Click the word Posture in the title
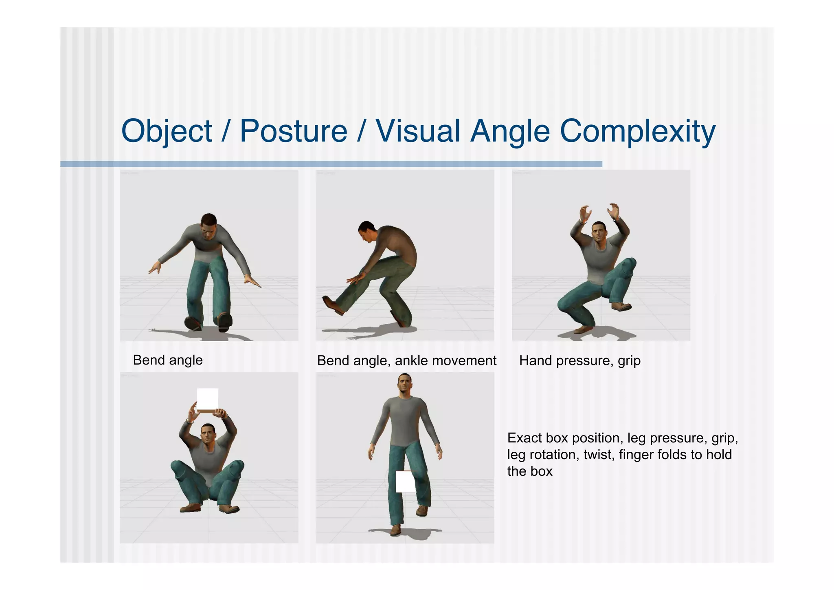[293, 131]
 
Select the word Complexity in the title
[637, 131]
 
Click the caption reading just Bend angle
[167, 360]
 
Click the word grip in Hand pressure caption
[629, 361]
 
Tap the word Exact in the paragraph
[525, 438]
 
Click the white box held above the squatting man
[207, 399]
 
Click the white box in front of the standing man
[406, 482]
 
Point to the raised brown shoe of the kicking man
[332, 305]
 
